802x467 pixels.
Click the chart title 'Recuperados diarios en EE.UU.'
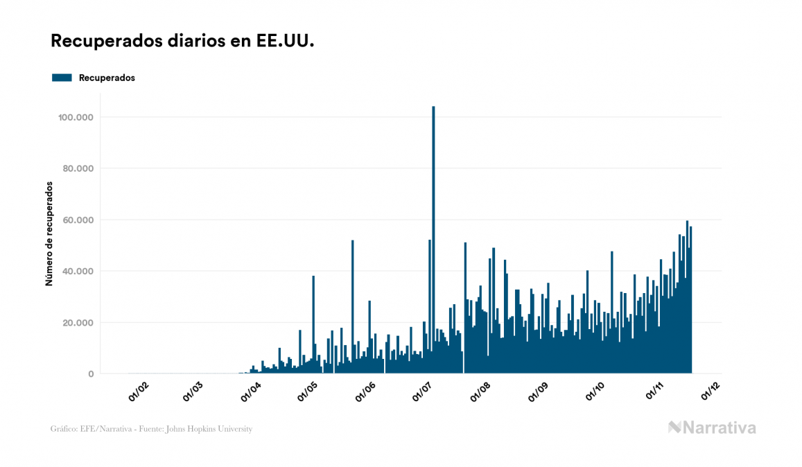point(183,42)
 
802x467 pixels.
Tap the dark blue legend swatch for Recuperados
point(62,78)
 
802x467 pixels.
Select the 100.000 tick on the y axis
point(76,117)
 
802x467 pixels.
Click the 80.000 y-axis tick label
point(79,168)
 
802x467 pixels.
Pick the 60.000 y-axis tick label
point(79,220)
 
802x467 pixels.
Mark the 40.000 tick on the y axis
point(79,271)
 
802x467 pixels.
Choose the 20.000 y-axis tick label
point(79,322)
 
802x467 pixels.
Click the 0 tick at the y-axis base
point(91,373)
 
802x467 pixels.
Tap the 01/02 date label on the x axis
point(139,392)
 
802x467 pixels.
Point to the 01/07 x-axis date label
point(423,392)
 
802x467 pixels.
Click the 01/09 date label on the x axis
point(538,392)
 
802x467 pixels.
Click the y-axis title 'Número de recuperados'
point(49,234)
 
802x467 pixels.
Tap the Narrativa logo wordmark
point(712,428)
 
